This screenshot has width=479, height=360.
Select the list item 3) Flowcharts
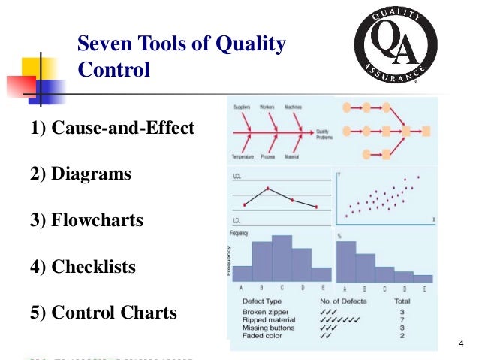pyautogui.click(x=86, y=221)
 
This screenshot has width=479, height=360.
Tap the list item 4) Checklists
pyautogui.click(x=83, y=267)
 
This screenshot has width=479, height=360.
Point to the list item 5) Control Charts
pyautogui.click(x=104, y=313)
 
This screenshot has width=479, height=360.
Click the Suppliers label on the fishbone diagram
pyautogui.click(x=242, y=107)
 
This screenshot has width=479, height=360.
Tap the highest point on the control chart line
pyautogui.click(x=268, y=188)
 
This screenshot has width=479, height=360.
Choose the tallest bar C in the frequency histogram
pyautogui.click(x=282, y=258)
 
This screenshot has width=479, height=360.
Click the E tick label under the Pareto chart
pyautogui.click(x=424, y=289)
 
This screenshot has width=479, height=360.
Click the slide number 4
pyautogui.click(x=460, y=344)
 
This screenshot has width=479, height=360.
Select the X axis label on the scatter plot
pyautogui.click(x=433, y=219)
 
